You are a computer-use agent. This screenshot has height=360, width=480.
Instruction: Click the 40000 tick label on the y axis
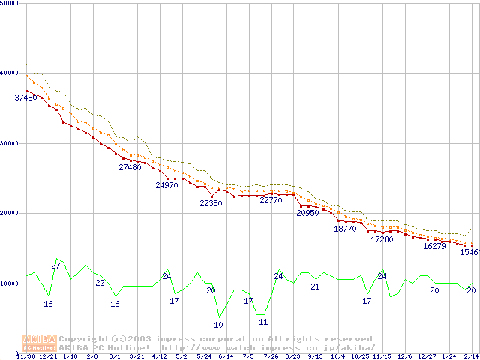point(10,73)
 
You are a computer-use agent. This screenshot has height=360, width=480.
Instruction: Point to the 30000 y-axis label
point(10,143)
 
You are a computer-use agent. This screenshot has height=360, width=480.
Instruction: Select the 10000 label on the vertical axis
point(10,283)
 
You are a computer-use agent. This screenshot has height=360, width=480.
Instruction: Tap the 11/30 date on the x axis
point(26,356)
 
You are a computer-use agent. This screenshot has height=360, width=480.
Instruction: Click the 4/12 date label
point(159,356)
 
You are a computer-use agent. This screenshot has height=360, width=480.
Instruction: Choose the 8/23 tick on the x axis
point(292,356)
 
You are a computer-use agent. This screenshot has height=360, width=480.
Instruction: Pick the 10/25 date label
point(360,356)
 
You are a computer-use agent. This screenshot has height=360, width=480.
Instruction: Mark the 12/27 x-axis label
point(427,356)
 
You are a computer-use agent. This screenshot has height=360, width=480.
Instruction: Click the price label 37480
point(26,97)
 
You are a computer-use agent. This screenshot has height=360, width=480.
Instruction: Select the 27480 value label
point(130,168)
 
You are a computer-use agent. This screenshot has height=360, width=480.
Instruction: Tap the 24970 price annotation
point(166,185)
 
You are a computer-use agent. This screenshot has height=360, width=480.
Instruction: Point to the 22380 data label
point(211,203)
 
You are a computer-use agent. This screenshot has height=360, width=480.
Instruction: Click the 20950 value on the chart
point(307,214)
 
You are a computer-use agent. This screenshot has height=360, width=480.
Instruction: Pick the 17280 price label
point(382,240)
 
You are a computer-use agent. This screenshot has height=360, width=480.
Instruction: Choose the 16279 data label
point(434,246)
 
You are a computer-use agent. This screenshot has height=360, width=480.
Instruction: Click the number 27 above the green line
point(55,266)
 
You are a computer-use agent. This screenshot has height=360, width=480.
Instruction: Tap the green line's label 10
point(218,325)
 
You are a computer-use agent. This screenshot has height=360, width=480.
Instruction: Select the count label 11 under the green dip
point(263,322)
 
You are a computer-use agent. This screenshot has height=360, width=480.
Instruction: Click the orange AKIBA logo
point(40,343)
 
